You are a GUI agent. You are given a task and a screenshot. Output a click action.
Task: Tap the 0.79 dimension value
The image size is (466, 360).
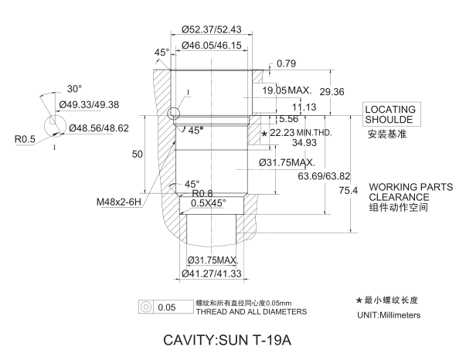[x=287, y=63]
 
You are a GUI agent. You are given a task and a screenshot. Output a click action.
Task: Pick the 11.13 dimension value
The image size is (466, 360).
[x=305, y=107]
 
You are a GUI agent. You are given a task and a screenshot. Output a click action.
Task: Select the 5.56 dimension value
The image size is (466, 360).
[x=288, y=119]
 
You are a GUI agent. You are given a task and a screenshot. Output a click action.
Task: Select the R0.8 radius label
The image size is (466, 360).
[x=202, y=194]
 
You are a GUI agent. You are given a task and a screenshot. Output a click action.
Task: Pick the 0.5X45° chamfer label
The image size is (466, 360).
[x=209, y=204]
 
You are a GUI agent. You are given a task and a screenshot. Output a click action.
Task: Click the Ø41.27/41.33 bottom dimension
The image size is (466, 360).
[x=213, y=273]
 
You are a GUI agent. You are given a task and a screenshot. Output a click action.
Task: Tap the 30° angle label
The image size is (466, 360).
[x=74, y=88]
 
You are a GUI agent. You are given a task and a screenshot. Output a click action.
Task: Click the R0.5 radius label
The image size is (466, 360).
[x=26, y=139]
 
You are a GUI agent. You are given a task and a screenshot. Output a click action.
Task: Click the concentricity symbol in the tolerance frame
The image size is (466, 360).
[x=145, y=307]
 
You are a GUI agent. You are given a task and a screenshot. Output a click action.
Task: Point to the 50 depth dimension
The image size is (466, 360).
[x=138, y=155]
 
